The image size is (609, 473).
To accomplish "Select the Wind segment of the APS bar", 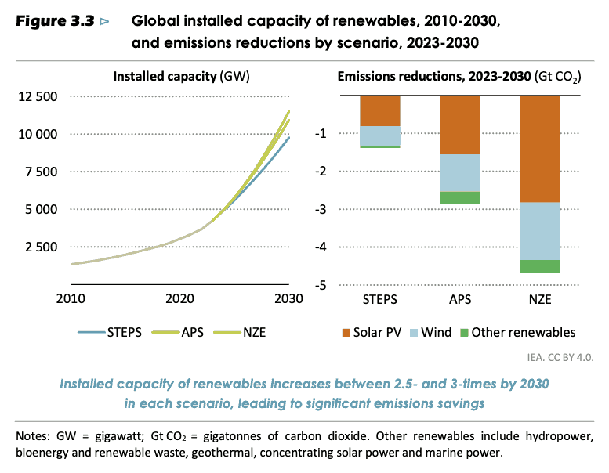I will click(x=460, y=172).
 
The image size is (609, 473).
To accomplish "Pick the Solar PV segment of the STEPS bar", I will click(x=379, y=110).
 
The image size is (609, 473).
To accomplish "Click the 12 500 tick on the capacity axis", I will click(x=37, y=97).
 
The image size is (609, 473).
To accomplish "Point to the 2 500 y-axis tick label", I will click(x=41, y=247).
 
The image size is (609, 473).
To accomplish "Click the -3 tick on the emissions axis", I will click(x=320, y=209).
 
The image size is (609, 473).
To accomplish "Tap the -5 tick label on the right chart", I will click(x=320, y=285).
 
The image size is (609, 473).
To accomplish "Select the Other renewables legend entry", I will click(x=530, y=332).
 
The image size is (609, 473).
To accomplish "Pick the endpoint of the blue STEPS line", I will click(x=289, y=138).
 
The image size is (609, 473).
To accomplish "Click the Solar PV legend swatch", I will click(x=346, y=332).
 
